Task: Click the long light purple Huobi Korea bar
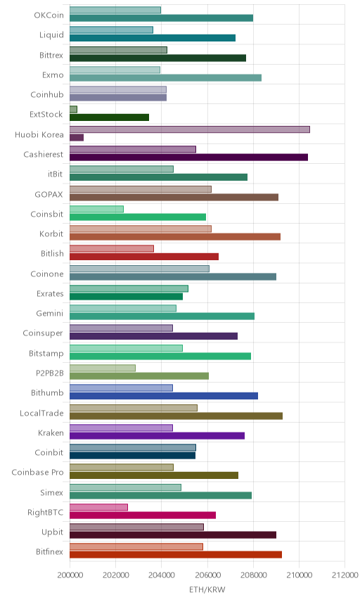click(190, 129)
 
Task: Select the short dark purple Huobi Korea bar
click(77, 137)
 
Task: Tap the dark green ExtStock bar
click(110, 117)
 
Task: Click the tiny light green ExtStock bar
click(73, 110)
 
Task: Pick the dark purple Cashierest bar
click(189, 157)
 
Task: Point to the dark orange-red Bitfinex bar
click(176, 554)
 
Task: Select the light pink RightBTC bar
click(98, 507)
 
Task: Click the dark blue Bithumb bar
click(164, 396)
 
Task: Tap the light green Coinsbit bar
click(97, 209)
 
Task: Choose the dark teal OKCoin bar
click(162, 18)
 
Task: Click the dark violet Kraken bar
click(157, 435)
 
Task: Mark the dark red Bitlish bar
click(144, 257)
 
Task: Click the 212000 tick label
click(345, 575)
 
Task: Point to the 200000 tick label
click(70, 575)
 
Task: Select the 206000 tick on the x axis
click(207, 575)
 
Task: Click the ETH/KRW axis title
click(207, 590)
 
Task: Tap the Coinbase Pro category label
click(37, 472)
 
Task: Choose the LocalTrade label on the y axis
click(41, 413)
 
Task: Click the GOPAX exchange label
click(49, 195)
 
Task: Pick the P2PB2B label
click(50, 373)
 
